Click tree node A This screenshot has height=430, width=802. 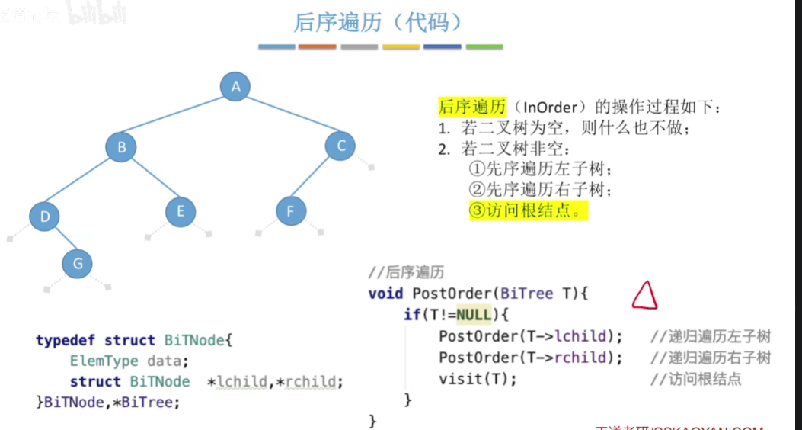click(235, 86)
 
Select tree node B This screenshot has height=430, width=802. click(121, 146)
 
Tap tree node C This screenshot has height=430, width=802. click(340, 146)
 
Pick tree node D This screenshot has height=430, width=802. click(45, 217)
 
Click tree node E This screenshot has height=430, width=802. click(181, 211)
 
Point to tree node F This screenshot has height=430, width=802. click(290, 211)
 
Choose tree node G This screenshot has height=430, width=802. click(77, 264)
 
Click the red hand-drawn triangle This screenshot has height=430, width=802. click(644, 296)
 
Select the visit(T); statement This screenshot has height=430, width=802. click(478, 379)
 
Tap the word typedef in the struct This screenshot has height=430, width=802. click(66, 341)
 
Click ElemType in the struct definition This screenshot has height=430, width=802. click(104, 361)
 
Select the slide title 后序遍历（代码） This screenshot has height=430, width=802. click(379, 23)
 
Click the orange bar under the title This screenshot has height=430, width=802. click(317, 47)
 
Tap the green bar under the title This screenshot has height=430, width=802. click(484, 47)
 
